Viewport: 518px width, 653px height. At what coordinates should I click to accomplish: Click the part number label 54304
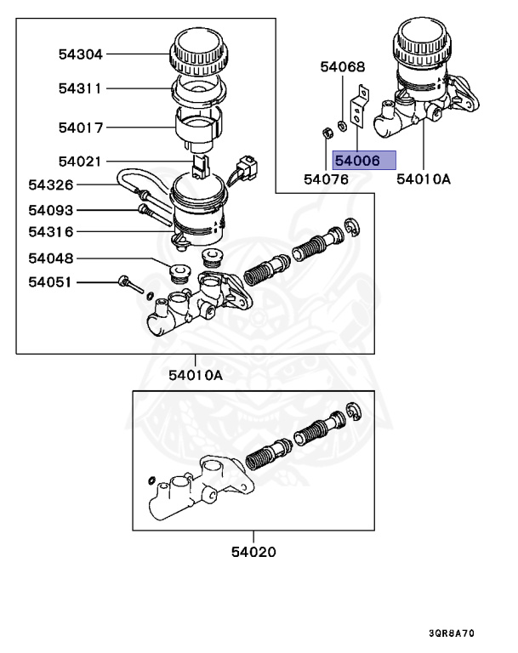(80, 54)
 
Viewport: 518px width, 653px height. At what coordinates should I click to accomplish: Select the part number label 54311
(80, 88)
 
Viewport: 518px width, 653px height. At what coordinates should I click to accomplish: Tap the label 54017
(80, 128)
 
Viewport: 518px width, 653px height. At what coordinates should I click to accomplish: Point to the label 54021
(80, 161)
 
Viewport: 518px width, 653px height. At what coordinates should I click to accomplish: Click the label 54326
(50, 185)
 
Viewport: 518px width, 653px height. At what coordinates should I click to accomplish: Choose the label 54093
(50, 210)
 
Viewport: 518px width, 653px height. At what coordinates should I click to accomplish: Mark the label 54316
(50, 231)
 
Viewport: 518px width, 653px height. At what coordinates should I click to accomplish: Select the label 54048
(50, 258)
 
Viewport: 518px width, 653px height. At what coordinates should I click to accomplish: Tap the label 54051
(50, 282)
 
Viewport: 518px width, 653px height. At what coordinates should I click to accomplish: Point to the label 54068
(342, 66)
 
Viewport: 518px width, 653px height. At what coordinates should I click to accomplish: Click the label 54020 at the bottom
(253, 552)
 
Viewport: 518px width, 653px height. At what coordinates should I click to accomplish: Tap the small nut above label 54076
(326, 132)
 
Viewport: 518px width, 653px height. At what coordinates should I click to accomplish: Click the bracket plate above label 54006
(360, 106)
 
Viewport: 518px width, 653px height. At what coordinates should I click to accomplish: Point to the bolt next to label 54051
(128, 284)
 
